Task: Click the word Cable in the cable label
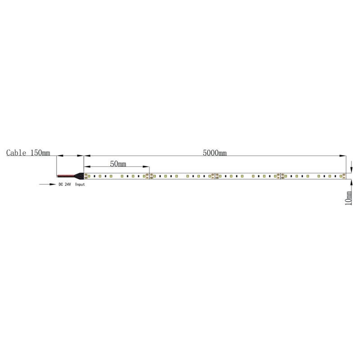[x=16, y=153]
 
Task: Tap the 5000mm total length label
[x=215, y=153]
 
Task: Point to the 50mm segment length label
[x=118, y=164]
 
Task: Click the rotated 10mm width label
[x=348, y=198]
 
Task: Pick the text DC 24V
[x=65, y=184]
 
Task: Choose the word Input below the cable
[x=80, y=184]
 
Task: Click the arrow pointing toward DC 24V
[x=48, y=184]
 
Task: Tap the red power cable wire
[x=66, y=175]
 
